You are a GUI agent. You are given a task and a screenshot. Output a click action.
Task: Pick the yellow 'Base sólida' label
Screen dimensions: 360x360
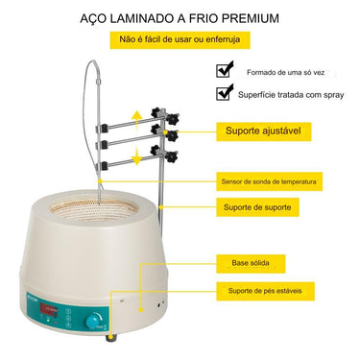[x=252, y=261]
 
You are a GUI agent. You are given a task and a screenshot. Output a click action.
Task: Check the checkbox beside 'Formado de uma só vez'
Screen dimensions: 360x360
[x=225, y=69]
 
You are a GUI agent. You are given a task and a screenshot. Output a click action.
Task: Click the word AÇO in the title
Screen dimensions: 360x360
[x=94, y=17]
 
